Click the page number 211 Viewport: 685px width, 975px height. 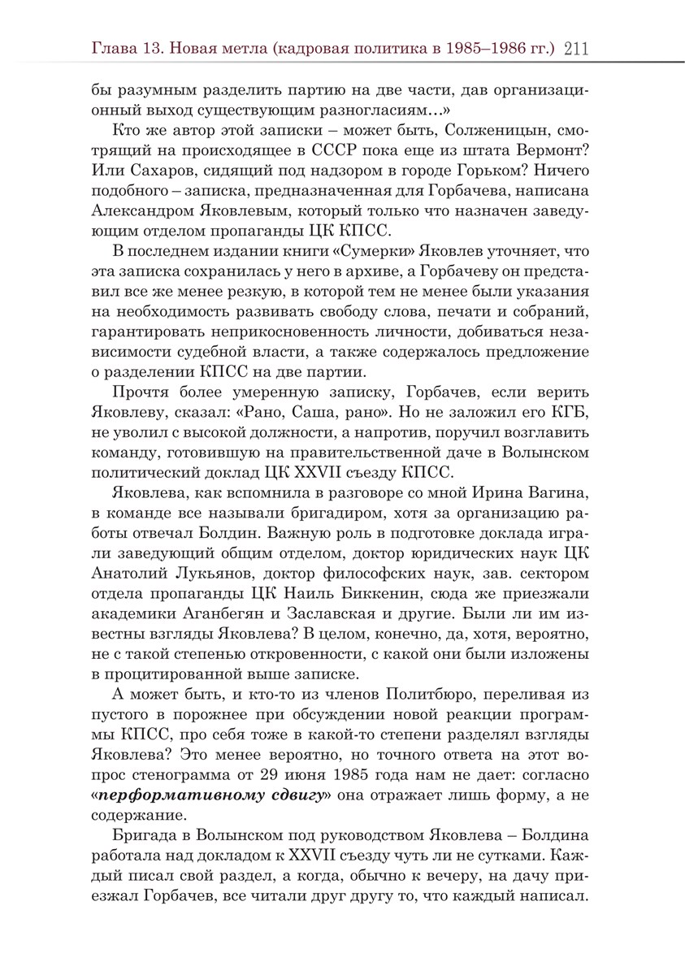click(x=574, y=49)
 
